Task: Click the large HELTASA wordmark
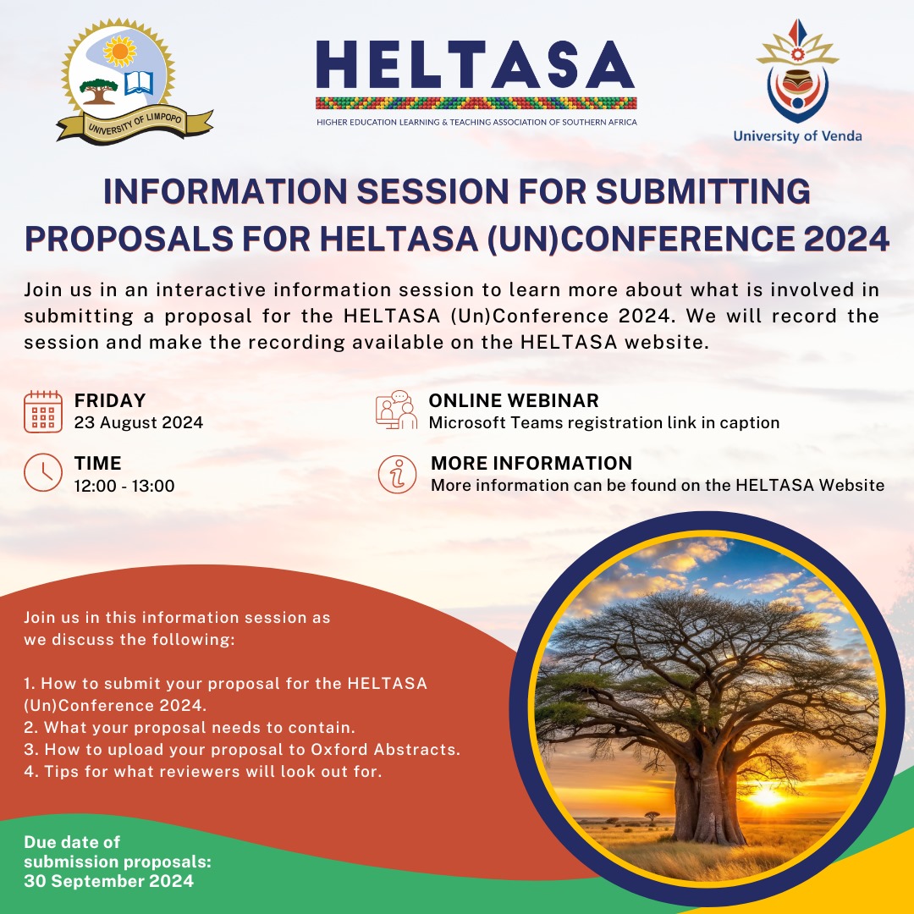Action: [x=476, y=65]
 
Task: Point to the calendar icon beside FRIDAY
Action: [x=43, y=411]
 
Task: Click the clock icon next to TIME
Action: [x=43, y=473]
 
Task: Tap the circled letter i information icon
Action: [x=397, y=474]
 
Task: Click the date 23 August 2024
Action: [x=139, y=422]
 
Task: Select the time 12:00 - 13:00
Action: [x=124, y=486]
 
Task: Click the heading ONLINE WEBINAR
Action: [x=514, y=400]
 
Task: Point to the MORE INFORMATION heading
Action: [x=531, y=463]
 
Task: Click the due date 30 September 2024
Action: [x=108, y=881]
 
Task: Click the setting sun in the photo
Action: [x=767, y=796]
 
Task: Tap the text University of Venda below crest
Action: [x=797, y=135]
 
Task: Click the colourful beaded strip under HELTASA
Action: [x=476, y=103]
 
